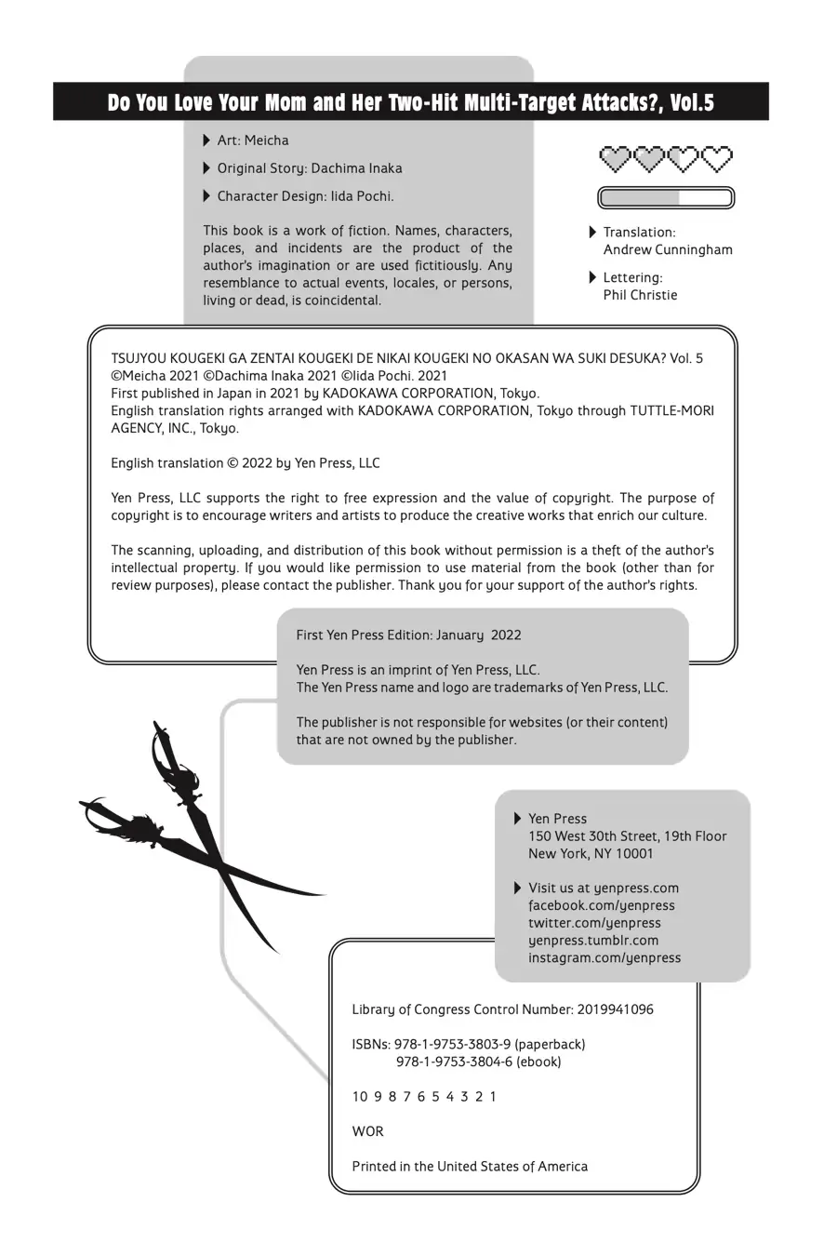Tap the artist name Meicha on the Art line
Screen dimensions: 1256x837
coord(266,140)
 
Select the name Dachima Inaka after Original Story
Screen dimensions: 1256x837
coord(356,168)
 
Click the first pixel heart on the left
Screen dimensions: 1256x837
coord(615,158)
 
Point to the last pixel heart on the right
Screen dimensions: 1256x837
coord(717,158)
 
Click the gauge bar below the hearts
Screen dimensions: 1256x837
coord(665,197)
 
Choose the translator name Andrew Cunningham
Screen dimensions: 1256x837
coord(668,249)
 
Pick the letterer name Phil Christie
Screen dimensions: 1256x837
coord(640,295)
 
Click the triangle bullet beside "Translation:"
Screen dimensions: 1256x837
coord(593,232)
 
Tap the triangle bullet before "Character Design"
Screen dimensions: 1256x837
coord(206,196)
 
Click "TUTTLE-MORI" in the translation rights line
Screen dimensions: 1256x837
coord(672,410)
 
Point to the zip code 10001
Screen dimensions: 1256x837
coord(632,853)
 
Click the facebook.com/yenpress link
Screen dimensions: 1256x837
coord(602,905)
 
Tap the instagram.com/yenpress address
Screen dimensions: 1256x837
coord(604,957)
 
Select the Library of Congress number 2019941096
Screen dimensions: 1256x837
coord(615,1009)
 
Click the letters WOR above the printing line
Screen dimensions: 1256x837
coord(367,1131)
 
